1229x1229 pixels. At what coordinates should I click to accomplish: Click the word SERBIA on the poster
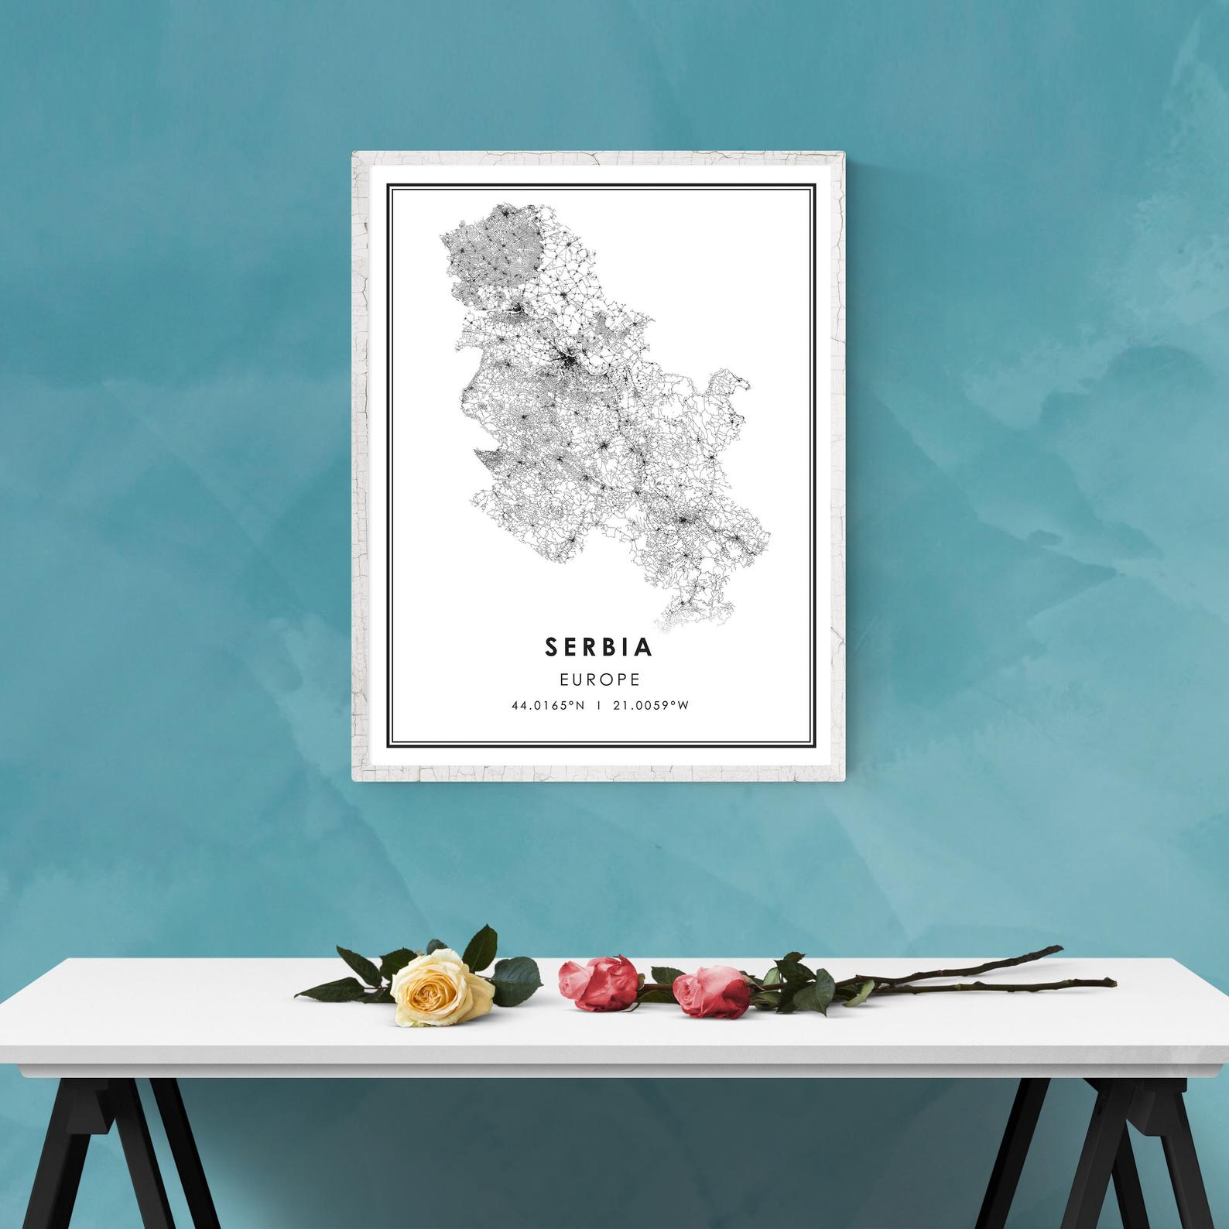tap(599, 647)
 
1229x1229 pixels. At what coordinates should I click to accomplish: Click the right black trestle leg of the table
tap(1099, 1145)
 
